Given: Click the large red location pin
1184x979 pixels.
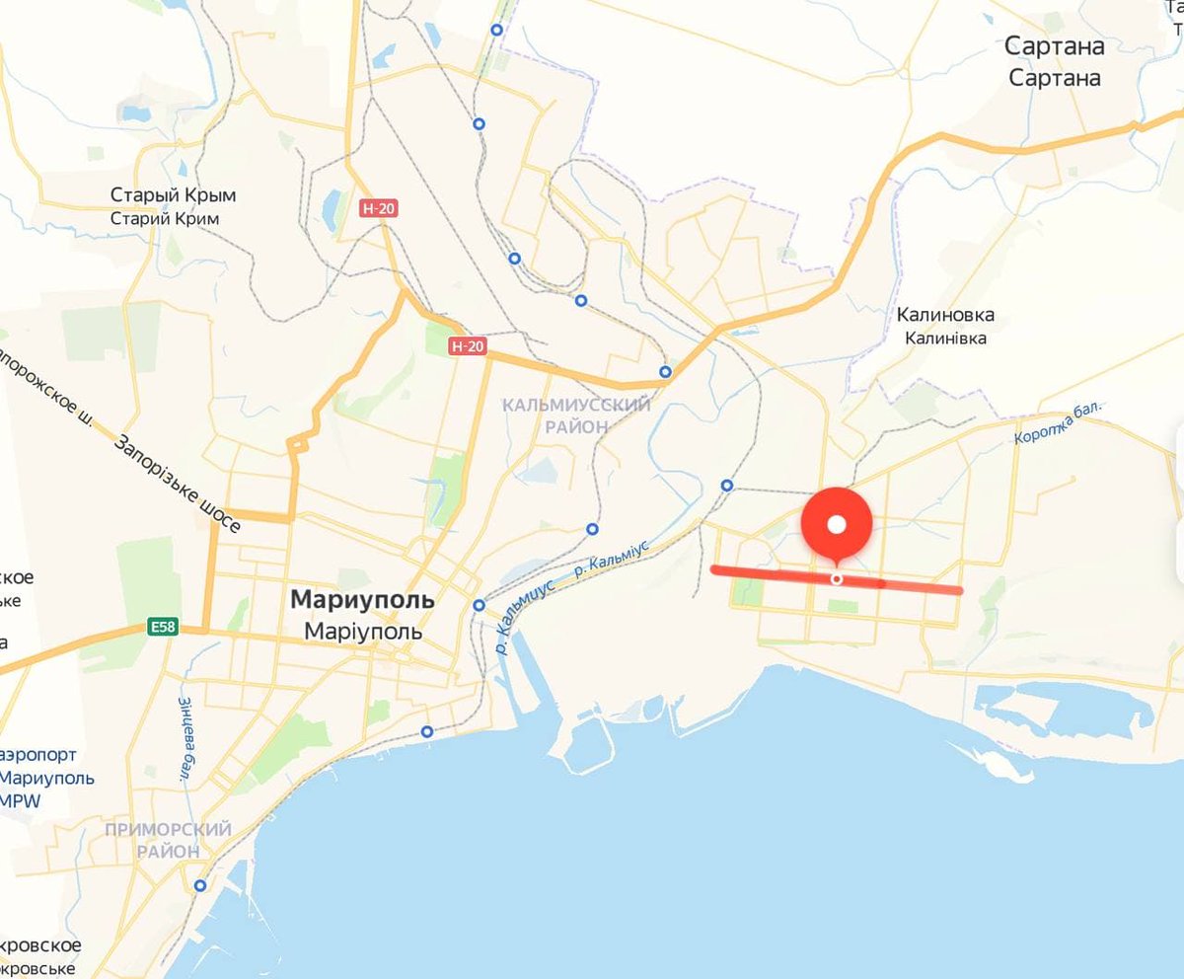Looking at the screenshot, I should (x=837, y=524).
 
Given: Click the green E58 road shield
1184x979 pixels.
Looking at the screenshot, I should (x=163, y=626).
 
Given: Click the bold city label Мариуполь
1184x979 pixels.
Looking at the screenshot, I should (x=362, y=599).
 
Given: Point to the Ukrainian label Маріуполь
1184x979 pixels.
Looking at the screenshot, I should (x=362, y=631).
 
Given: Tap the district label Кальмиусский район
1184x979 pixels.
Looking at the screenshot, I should (x=576, y=415).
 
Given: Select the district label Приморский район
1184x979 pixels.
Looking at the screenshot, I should (x=168, y=840).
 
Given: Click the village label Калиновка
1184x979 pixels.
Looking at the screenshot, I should (x=945, y=315).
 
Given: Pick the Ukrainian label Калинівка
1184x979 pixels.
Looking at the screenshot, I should (x=945, y=338).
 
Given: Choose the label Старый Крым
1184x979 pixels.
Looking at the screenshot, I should (x=173, y=194).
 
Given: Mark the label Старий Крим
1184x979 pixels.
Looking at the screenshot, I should (x=164, y=218).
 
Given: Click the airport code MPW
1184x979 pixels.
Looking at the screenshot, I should (x=20, y=800).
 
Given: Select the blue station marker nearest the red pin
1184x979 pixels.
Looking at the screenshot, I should (x=727, y=485).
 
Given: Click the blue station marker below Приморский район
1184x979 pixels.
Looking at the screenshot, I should (x=200, y=885).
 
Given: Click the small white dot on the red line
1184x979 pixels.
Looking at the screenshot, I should (x=837, y=578).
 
